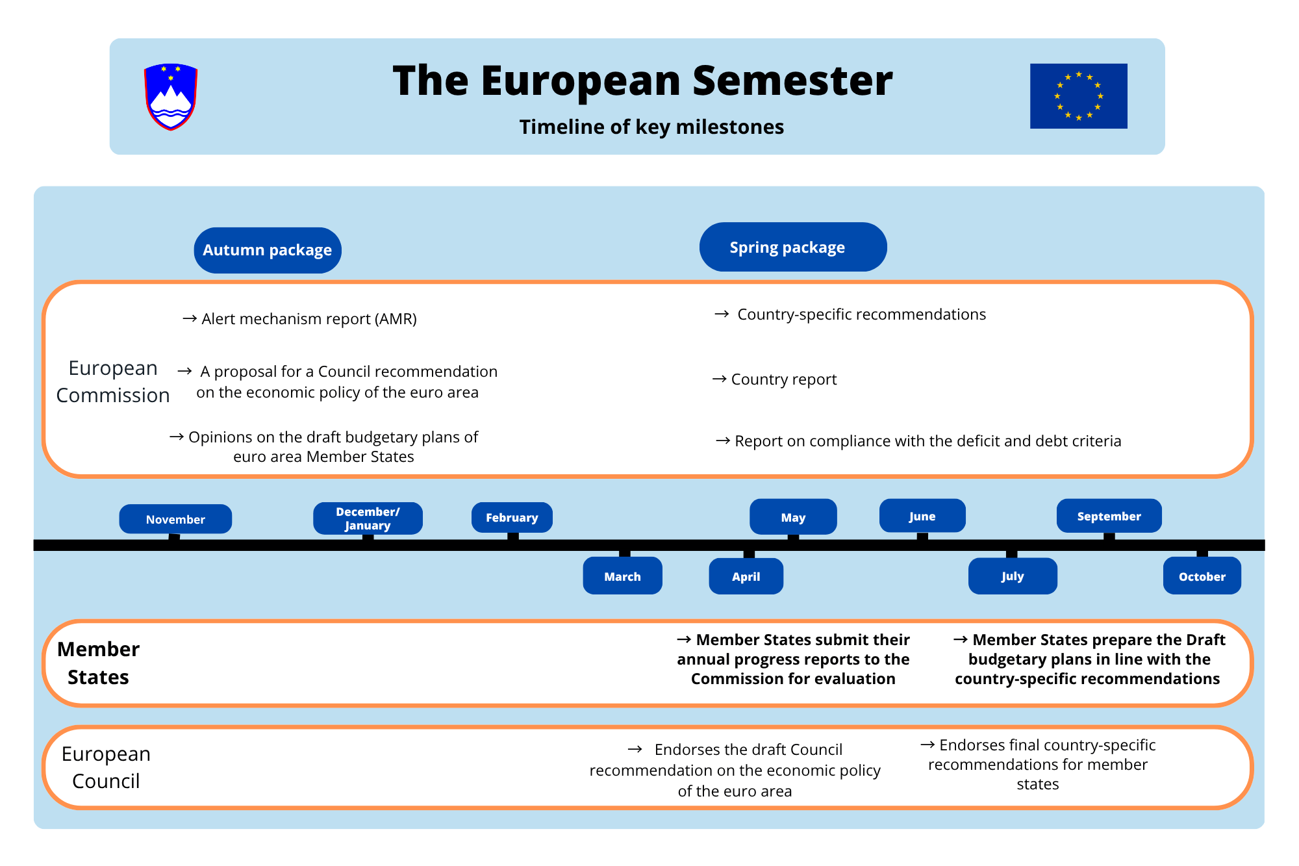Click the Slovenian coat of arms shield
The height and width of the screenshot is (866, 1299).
pyautogui.click(x=171, y=97)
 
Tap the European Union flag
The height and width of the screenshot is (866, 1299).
pyautogui.click(x=1078, y=96)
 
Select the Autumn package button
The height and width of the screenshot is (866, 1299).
pyautogui.click(x=268, y=250)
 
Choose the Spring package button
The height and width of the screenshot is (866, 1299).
pyautogui.click(x=793, y=247)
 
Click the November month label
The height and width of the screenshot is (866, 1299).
pyautogui.click(x=175, y=519)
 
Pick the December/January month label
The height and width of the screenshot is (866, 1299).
pyautogui.click(x=368, y=518)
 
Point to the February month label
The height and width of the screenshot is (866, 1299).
pyautogui.click(x=512, y=518)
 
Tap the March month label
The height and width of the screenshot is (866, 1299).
pyautogui.click(x=622, y=576)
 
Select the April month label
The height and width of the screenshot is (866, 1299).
pyautogui.click(x=746, y=576)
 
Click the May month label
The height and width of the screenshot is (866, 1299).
pyautogui.click(x=793, y=517)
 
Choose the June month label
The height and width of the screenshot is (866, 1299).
pyautogui.click(x=922, y=516)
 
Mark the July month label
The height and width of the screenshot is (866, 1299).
pyautogui.click(x=1013, y=576)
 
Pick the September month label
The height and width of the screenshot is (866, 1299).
pyautogui.click(x=1109, y=516)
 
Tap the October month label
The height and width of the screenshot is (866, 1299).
pyautogui.click(x=1202, y=576)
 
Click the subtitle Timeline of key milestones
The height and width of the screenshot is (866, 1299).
pyautogui.click(x=651, y=127)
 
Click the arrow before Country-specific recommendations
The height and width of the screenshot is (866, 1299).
pyautogui.click(x=722, y=314)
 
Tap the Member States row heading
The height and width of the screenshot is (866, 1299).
pyautogui.click(x=98, y=663)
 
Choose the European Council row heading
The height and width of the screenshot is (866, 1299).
pyautogui.click(x=106, y=767)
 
